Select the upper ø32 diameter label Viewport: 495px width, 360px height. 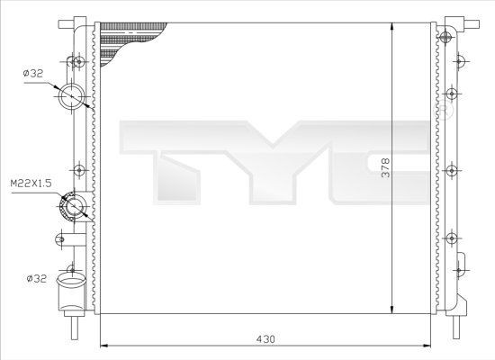pyautogui.click(x=34, y=74)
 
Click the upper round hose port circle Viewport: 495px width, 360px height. pyautogui.click(x=71, y=96)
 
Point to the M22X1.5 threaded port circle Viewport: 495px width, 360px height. pyautogui.click(x=72, y=209)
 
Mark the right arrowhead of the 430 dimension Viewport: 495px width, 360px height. pyautogui.click(x=429, y=346)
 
